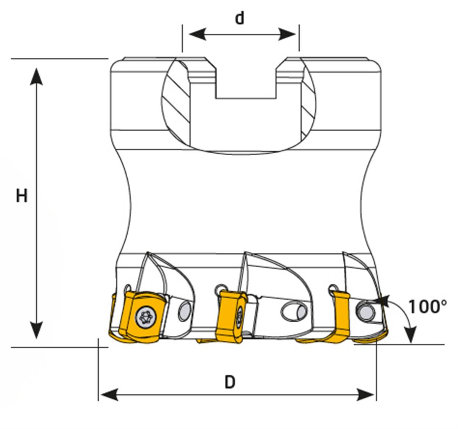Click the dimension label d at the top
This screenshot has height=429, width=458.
239,18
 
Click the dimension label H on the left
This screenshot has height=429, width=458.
21,196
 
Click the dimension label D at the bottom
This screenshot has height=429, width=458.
229,382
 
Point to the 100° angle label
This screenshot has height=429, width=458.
427,307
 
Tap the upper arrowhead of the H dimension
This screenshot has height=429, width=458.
36,76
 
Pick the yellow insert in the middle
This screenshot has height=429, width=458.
230,316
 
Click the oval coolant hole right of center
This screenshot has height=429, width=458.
295,312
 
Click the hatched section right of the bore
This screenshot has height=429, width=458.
308,107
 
